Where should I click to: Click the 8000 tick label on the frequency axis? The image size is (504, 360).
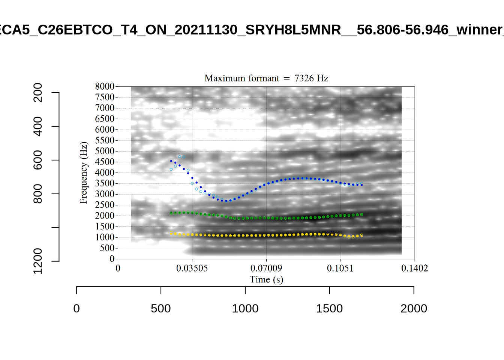(x=105, y=87)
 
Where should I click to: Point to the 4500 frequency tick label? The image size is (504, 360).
(x=105, y=162)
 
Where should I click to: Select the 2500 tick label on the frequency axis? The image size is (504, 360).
(x=105, y=205)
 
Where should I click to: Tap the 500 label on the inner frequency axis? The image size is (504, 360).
(x=107, y=248)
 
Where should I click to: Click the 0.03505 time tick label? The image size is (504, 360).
(x=192, y=268)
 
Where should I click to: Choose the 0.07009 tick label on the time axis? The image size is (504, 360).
(x=266, y=268)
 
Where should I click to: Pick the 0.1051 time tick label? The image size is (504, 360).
(x=340, y=268)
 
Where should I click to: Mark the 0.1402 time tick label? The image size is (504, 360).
(x=414, y=268)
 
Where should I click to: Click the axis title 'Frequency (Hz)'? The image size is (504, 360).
(x=83, y=172)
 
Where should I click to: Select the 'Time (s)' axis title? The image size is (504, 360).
(x=266, y=280)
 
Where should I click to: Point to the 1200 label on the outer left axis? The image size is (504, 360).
(x=38, y=261)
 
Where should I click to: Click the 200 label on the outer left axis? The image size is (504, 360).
(x=38, y=93)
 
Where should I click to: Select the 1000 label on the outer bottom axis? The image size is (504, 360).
(x=245, y=309)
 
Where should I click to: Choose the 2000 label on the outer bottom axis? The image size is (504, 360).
(x=414, y=309)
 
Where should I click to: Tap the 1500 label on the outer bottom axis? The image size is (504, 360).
(x=329, y=309)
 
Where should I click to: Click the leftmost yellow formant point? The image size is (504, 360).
(x=171, y=233)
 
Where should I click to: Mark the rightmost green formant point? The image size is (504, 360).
(x=361, y=214)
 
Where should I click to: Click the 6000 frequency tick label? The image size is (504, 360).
(x=105, y=130)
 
